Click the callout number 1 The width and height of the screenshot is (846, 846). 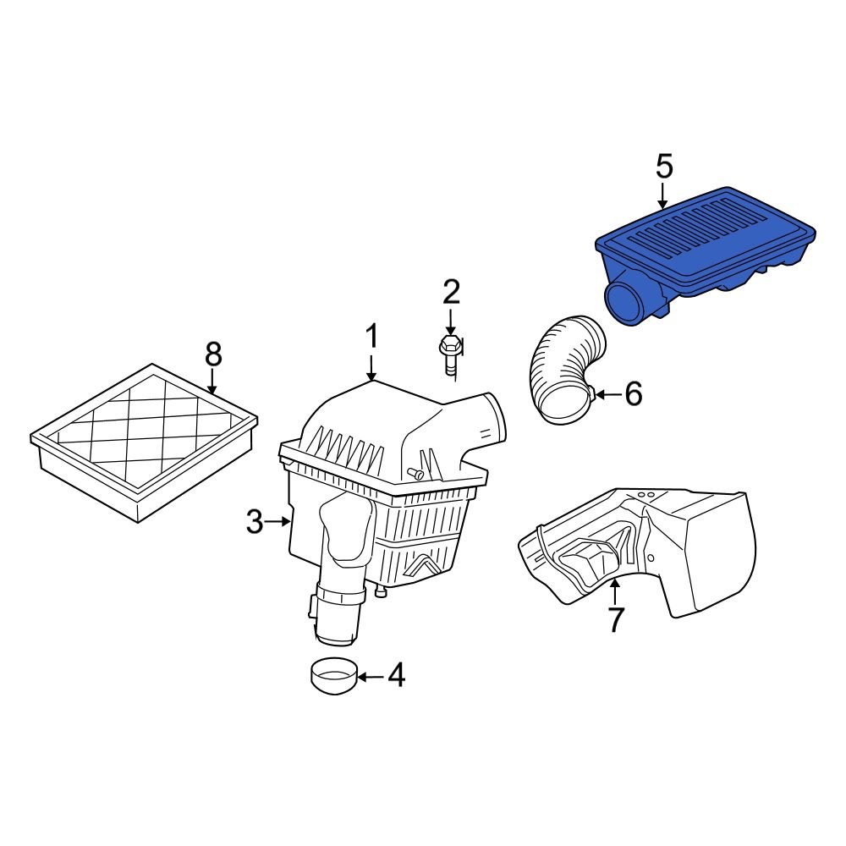371,338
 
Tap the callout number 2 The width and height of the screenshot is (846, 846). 451,293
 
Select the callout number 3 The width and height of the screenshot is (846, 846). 255,522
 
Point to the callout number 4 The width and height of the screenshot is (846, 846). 395,676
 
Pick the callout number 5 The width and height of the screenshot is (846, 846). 664,167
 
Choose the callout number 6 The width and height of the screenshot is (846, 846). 633,393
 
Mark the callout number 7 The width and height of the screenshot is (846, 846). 615,619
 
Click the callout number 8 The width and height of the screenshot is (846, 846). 212,354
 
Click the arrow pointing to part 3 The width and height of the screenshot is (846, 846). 279,522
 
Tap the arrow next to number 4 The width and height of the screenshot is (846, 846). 369,676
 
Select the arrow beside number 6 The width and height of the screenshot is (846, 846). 606,393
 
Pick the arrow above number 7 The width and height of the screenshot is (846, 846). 615,591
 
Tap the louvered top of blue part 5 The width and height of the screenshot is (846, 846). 702,233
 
